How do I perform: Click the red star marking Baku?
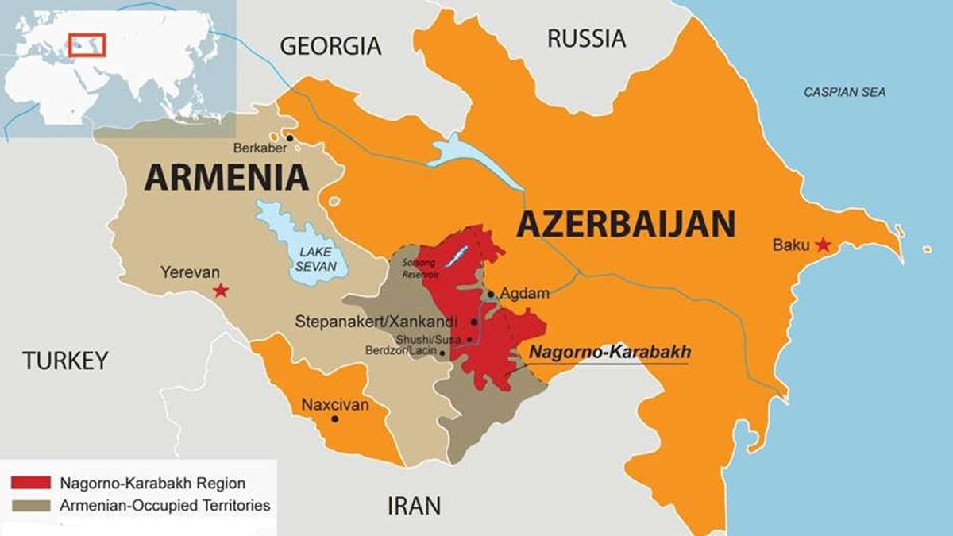tap(823, 245)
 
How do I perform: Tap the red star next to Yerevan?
tap(221, 291)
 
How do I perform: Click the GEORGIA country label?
tap(330, 45)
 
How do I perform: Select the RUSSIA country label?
tap(586, 37)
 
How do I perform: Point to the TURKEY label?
tap(64, 361)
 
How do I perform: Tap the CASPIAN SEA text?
tap(844, 93)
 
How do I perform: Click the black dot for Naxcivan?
tap(334, 418)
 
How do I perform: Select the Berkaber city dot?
tap(291, 138)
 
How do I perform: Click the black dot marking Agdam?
tap(491, 294)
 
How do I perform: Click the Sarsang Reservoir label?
tap(419, 268)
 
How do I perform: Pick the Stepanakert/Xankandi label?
tap(376, 322)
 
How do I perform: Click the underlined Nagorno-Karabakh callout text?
tap(610, 352)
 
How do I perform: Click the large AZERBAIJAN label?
tap(626, 225)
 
